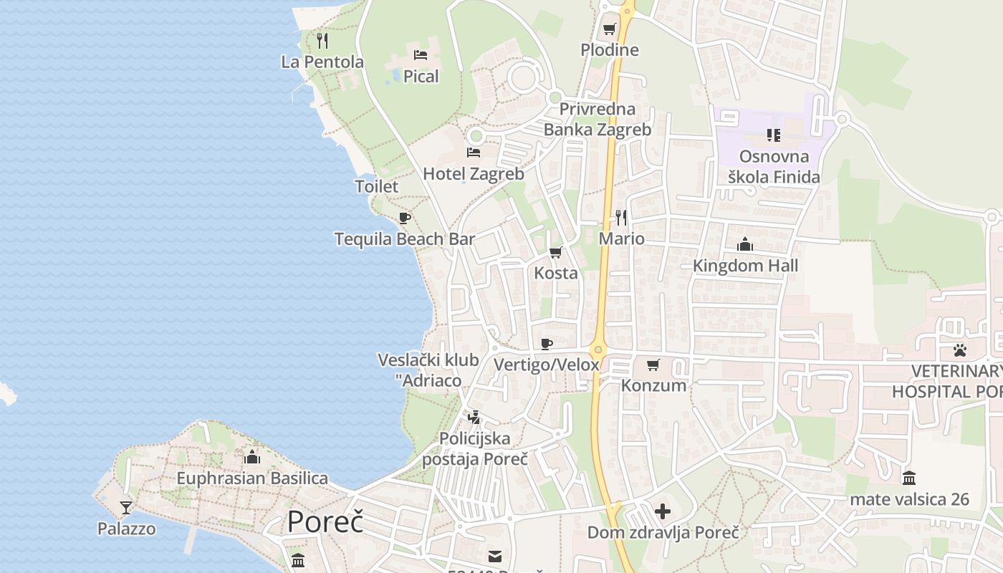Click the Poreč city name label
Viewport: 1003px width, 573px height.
click(325, 522)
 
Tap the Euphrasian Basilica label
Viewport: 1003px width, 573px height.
click(252, 478)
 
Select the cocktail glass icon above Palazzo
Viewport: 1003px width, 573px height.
click(126, 508)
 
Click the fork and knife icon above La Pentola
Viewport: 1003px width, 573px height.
click(322, 40)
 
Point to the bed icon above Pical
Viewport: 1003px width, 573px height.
click(421, 54)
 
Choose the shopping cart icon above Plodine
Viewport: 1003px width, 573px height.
click(609, 29)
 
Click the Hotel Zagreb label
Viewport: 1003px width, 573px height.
click(473, 173)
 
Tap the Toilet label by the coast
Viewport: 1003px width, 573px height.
click(376, 186)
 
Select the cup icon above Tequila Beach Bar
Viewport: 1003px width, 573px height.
click(404, 218)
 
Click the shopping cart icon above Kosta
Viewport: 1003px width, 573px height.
click(555, 252)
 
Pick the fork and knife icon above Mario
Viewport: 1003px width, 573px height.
click(621, 217)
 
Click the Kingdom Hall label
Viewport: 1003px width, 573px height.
click(745, 266)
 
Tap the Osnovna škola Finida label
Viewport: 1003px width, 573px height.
click(774, 166)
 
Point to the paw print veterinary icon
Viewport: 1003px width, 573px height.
click(959, 350)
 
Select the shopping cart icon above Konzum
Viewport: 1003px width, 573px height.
click(653, 365)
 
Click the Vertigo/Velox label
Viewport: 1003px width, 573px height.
click(546, 365)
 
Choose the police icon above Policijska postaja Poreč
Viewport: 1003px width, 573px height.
click(474, 417)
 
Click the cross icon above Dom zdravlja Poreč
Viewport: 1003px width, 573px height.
click(663, 511)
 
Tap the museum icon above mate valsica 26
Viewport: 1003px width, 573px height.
click(909, 478)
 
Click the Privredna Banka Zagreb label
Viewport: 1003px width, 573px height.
click(598, 119)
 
